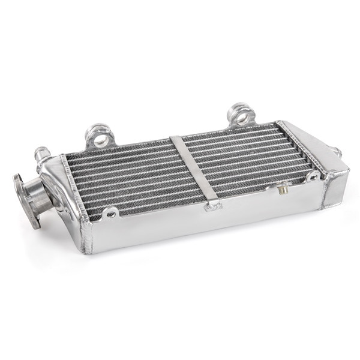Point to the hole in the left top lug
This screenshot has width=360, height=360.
point(101,139)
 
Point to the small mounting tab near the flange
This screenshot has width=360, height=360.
point(110,212)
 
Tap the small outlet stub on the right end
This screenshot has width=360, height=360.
point(337,153)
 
